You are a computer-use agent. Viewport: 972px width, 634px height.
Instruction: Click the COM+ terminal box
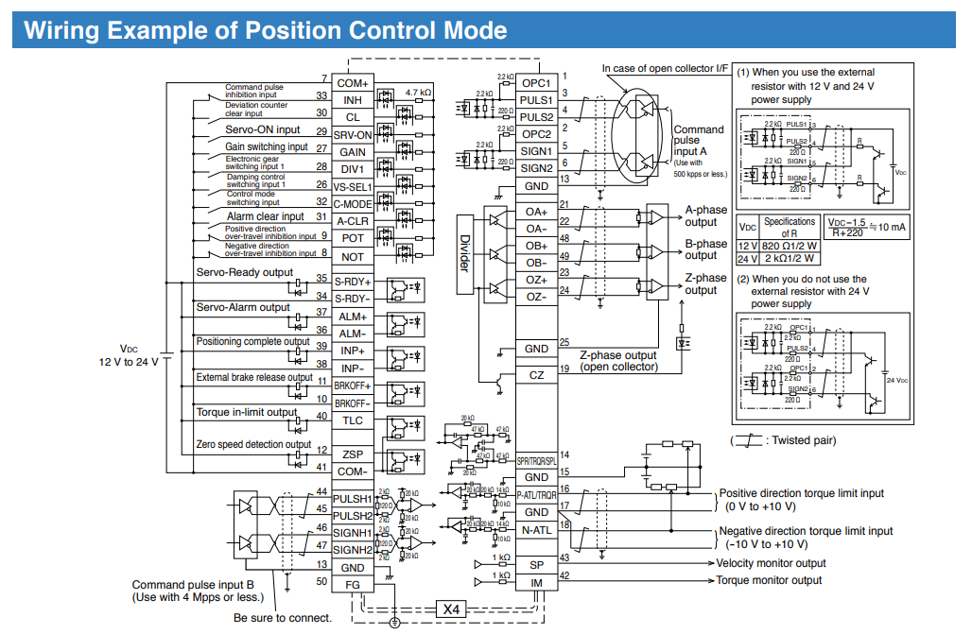[352, 83]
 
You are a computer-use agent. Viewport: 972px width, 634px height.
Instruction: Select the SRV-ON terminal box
[352, 134]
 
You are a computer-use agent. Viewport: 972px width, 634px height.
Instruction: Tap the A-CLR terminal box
[352, 219]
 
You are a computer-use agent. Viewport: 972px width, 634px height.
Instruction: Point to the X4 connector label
[451, 609]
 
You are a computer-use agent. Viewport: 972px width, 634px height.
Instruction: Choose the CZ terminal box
[536, 375]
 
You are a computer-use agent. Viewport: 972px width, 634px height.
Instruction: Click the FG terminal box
[352, 585]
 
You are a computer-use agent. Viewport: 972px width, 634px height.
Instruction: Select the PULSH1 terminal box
[352, 497]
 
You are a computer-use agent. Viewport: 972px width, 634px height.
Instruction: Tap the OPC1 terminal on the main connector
[536, 82]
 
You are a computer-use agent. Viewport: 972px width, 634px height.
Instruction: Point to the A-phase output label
[705, 215]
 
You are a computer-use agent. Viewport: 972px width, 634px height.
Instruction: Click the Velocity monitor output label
[771, 563]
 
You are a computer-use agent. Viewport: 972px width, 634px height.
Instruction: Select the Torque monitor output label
[769, 580]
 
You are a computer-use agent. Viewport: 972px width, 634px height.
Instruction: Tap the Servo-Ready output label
[245, 273]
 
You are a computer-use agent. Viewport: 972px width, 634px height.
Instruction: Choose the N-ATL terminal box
[536, 530]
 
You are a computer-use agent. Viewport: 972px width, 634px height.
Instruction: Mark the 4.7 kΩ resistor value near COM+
[418, 94]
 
